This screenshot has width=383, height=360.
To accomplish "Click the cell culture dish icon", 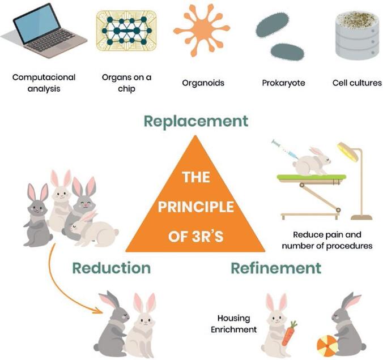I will pos(358,36).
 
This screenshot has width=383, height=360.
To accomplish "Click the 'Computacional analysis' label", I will pos(44,82).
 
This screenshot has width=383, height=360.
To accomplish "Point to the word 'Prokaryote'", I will pos(283,83).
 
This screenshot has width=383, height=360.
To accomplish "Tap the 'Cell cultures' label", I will pos(357,83).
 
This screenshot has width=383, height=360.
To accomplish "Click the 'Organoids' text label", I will pos(203,83).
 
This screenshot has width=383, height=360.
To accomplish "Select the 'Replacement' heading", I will pos(195,121).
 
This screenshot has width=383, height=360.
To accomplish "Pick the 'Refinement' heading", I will pos(275,267).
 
